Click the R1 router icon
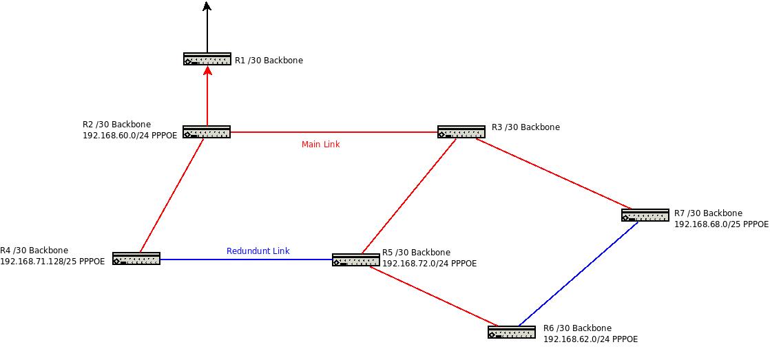[x=207, y=59]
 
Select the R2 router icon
[x=207, y=132]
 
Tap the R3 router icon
[x=461, y=132]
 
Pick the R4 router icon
[x=136, y=259]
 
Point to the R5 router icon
[x=355, y=260]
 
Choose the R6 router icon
[x=512, y=332]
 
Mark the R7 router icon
[x=645, y=215]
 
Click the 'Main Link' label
[x=320, y=145]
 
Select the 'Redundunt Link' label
[x=258, y=251]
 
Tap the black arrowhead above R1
[x=207, y=7]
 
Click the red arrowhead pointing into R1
[x=207, y=71]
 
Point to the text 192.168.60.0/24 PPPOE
[x=129, y=136]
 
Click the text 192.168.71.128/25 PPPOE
[x=52, y=262]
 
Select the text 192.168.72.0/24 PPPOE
[x=429, y=264]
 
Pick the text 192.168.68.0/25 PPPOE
[x=721, y=224]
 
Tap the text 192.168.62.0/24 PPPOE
[x=590, y=339]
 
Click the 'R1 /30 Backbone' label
[x=269, y=61]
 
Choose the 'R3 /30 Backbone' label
[x=526, y=127]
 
